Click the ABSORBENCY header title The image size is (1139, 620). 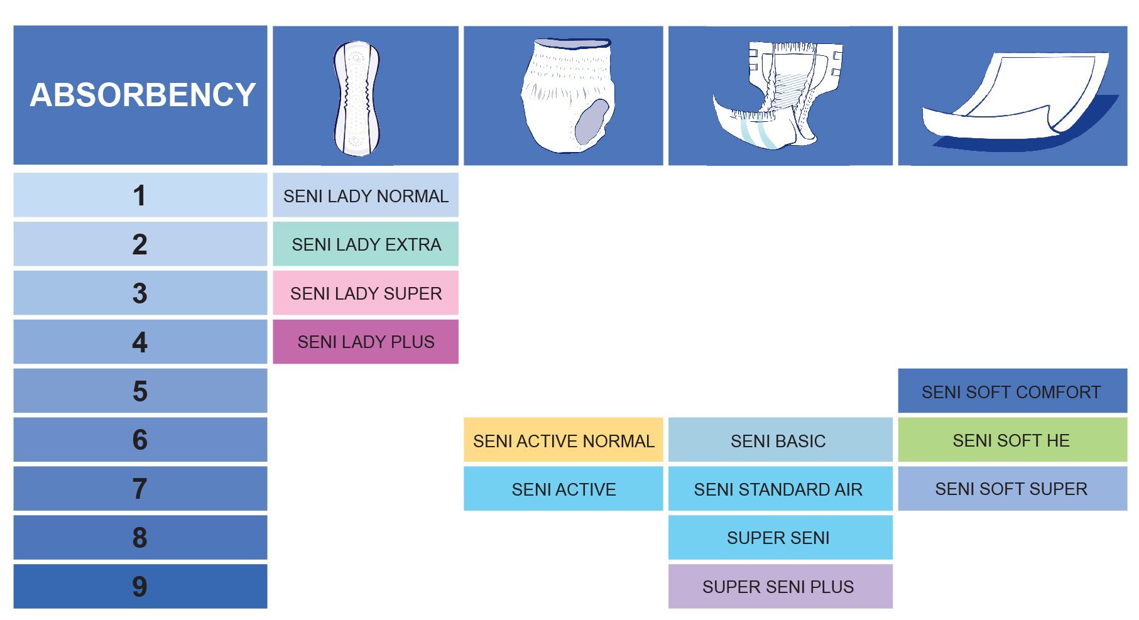click(143, 95)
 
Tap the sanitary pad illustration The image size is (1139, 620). click(357, 99)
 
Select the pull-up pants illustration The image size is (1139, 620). click(567, 95)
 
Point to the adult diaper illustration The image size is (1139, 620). click(777, 95)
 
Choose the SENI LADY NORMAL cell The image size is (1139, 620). click(366, 195)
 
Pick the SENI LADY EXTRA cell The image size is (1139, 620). click(366, 244)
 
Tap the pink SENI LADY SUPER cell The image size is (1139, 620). click(366, 293)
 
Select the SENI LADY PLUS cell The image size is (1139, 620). click(366, 342)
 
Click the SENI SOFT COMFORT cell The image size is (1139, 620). click(1013, 391)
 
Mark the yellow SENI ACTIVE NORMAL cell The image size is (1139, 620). click(564, 440)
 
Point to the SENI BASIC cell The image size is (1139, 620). click(780, 440)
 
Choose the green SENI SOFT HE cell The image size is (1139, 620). click(1013, 440)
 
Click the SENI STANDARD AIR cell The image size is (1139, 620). click(780, 489)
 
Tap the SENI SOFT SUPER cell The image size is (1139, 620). click(1013, 489)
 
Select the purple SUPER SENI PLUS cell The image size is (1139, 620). click(780, 586)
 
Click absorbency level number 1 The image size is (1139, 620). click(139, 195)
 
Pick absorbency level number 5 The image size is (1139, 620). click(139, 391)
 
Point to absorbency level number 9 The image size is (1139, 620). click(139, 586)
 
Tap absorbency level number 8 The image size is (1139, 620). click(139, 538)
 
